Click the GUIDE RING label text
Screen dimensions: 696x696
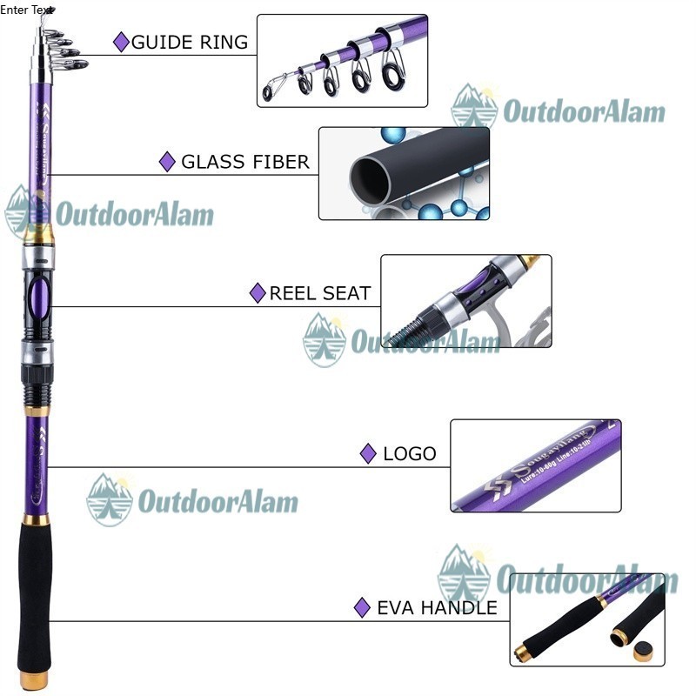click(x=189, y=42)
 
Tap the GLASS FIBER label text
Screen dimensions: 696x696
click(x=244, y=162)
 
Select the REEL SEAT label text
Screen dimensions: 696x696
click(x=319, y=293)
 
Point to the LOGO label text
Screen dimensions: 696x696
click(x=409, y=453)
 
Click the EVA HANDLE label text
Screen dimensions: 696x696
click(x=437, y=607)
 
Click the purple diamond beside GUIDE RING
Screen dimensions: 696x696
click(x=122, y=42)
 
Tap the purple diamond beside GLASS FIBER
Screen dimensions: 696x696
click(x=168, y=162)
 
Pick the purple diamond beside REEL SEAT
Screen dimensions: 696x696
click(x=258, y=293)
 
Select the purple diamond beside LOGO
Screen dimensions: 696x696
click(x=368, y=453)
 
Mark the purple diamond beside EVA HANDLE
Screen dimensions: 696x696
click(x=363, y=607)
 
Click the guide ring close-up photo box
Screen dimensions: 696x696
click(x=342, y=60)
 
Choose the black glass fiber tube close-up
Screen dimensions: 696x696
click(x=404, y=173)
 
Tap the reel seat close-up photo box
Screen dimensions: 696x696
click(x=465, y=301)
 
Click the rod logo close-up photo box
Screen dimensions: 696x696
click(x=535, y=465)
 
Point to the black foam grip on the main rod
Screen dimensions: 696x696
click(x=35, y=592)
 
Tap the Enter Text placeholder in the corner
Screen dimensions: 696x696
click(x=26, y=10)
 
